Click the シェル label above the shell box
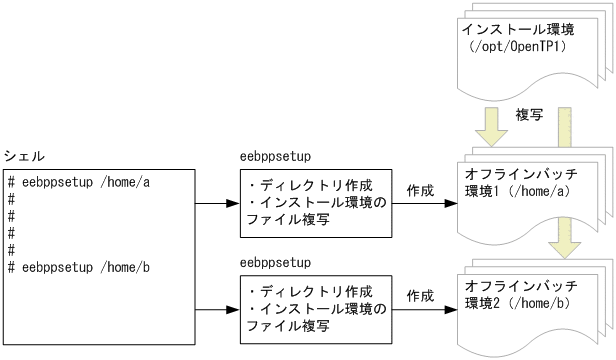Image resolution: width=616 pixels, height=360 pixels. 24,157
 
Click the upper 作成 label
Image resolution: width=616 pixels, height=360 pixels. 420,188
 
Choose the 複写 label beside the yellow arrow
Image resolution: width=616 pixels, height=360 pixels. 529,115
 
